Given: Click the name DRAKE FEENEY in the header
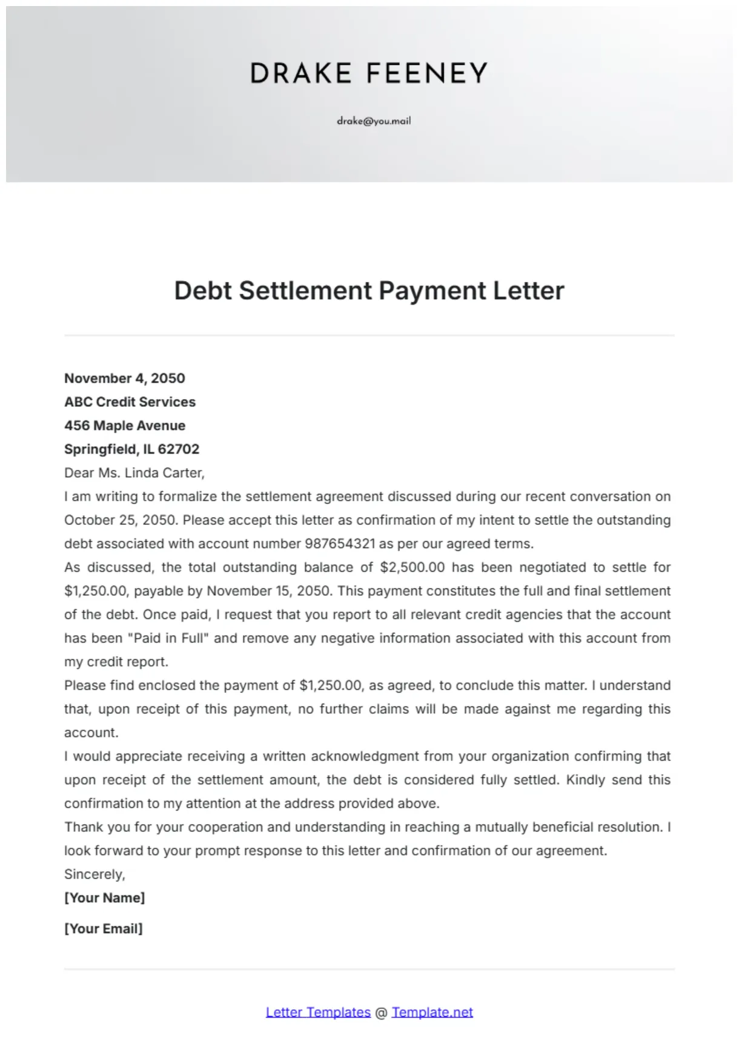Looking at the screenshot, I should pos(369,73).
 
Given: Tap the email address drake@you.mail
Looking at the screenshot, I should pos(374,120).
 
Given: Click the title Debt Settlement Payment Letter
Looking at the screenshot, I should pos(369,291).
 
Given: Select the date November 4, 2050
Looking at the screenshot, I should pos(125,378).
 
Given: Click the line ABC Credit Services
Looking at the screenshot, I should pos(130,402).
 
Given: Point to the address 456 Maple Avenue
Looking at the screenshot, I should pos(125,426).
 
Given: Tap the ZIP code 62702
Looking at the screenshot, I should pos(179,449).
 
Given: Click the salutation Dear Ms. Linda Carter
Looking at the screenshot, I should pos(134,473).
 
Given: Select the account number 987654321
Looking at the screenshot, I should pos(340,544).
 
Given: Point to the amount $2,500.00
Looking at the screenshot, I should pos(412,567).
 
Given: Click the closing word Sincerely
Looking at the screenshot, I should pos(94,874).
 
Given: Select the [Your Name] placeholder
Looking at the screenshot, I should pos(105,898).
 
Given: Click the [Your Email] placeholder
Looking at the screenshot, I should pos(104,929).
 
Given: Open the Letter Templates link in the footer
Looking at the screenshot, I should pos(318,1012).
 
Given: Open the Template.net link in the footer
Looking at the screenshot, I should pos(432,1012).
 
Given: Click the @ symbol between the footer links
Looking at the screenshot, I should pos(381,1013).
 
